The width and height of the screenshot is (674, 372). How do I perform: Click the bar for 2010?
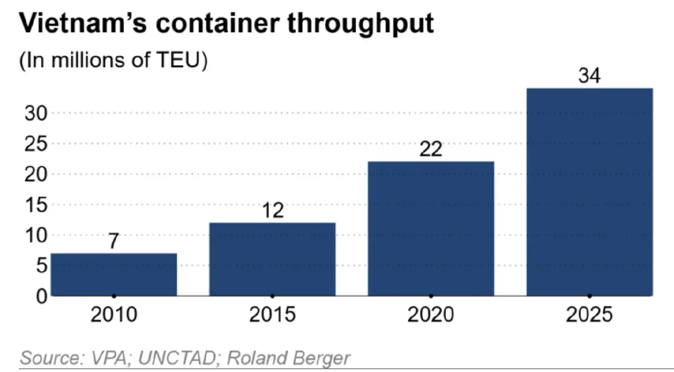point(113,274)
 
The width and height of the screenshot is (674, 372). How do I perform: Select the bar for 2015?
point(272,259)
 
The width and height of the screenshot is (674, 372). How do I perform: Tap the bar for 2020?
point(431,229)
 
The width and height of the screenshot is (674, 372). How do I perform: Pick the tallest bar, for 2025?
point(589,192)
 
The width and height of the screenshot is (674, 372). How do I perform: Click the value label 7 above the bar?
point(113,241)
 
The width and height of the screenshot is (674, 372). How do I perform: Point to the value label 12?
point(273,210)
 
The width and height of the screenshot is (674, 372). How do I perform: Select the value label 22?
point(431,149)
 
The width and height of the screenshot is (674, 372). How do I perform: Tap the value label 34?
point(589,75)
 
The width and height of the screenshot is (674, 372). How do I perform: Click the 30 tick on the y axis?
point(36,114)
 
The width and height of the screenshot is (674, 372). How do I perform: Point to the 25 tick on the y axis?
point(36,144)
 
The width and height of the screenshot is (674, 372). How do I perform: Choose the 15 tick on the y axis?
point(36,205)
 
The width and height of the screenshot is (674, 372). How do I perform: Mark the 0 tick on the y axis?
point(42,297)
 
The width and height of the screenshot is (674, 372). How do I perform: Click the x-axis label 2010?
point(113,315)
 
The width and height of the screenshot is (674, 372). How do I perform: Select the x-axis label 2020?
point(431,315)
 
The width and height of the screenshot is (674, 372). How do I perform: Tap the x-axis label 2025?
point(589,315)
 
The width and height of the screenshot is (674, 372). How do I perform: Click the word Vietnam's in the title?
point(83,23)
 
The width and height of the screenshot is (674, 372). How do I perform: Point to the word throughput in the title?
point(361,25)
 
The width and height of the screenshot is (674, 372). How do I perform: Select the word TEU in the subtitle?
point(178,60)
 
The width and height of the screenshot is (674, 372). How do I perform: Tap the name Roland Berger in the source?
point(289,359)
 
